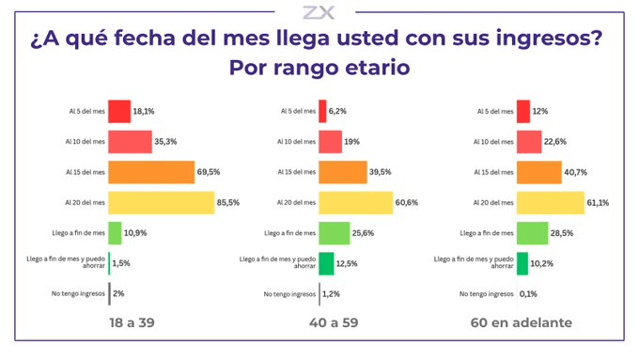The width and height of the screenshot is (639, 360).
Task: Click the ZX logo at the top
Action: tap(319, 12)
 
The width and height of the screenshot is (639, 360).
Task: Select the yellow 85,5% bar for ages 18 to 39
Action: tap(162, 203)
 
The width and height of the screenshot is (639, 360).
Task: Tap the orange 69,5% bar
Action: tap(151, 172)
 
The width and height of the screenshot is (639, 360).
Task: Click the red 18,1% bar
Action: tap(119, 111)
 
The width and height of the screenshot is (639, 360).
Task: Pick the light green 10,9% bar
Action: tap(115, 233)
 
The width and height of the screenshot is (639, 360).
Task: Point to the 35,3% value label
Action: tap(165, 142)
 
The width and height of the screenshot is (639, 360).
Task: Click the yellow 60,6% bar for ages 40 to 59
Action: tap(356, 203)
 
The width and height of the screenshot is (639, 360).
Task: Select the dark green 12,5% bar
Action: tap(326, 264)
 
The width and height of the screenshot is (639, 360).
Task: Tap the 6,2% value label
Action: tap(337, 111)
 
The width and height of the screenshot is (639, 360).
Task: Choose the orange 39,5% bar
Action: tap(343, 172)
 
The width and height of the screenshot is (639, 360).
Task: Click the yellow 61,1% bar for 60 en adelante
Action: tap(551, 203)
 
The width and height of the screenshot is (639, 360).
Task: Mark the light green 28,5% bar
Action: tap(533, 233)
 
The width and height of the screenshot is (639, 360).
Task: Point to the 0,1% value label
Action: tap(528, 294)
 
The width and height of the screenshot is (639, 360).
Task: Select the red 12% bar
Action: tap(523, 111)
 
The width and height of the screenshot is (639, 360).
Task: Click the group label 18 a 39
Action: tap(132, 323)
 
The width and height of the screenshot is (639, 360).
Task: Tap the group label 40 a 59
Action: tap(334, 323)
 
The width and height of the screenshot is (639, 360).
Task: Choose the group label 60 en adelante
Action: tap(522, 323)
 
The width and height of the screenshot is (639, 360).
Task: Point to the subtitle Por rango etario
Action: tap(319, 68)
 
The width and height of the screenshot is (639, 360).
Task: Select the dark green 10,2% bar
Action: tap(522, 264)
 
